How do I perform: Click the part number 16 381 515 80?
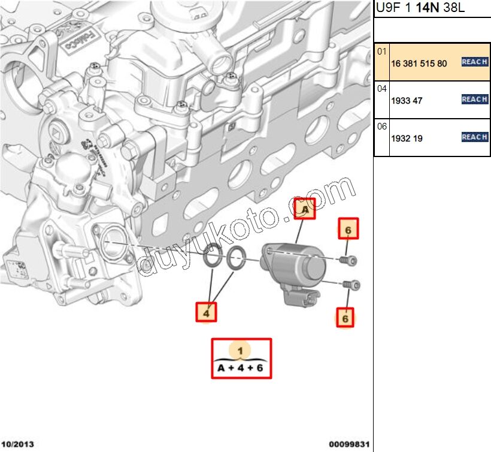coord(419,63)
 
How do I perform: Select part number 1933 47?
coord(407,101)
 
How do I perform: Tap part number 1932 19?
coord(407,138)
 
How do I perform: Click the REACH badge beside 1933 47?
coord(474,100)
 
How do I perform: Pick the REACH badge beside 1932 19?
coord(474,137)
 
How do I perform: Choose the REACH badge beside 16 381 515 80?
coord(474,62)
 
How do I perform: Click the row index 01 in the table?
coord(381,52)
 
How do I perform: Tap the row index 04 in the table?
coord(381,89)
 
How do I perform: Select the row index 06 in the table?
coord(381,126)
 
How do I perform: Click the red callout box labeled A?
coord(305,209)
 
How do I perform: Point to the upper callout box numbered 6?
coord(348,228)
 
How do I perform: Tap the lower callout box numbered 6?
coord(345,318)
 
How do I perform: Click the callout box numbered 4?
coord(207,312)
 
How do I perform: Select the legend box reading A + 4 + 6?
coord(241,358)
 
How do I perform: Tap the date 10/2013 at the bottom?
coord(17,444)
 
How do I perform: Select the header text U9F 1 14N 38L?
coord(419,9)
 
